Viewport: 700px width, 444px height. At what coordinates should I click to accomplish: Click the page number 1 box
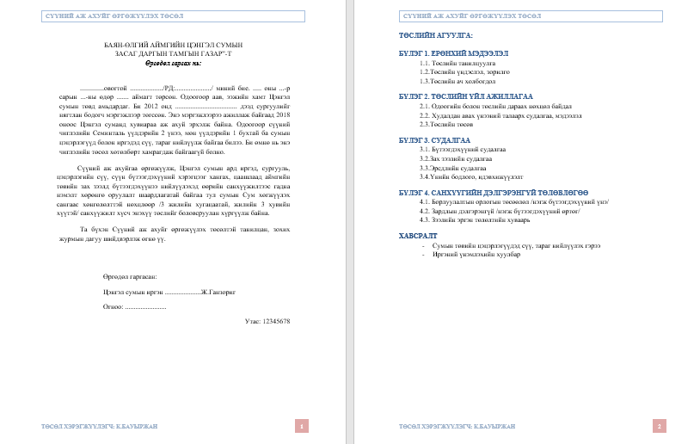tap(302, 425)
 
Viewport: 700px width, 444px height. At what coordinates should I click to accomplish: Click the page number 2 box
tap(659, 425)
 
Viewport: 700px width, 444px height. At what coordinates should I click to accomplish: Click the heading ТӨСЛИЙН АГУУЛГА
tap(435, 35)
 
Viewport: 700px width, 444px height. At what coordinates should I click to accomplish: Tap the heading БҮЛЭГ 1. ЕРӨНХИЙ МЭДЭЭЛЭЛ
tap(455, 52)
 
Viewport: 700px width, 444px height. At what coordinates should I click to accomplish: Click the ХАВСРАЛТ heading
tap(418, 234)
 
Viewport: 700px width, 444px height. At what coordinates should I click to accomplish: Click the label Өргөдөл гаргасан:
tap(129, 276)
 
